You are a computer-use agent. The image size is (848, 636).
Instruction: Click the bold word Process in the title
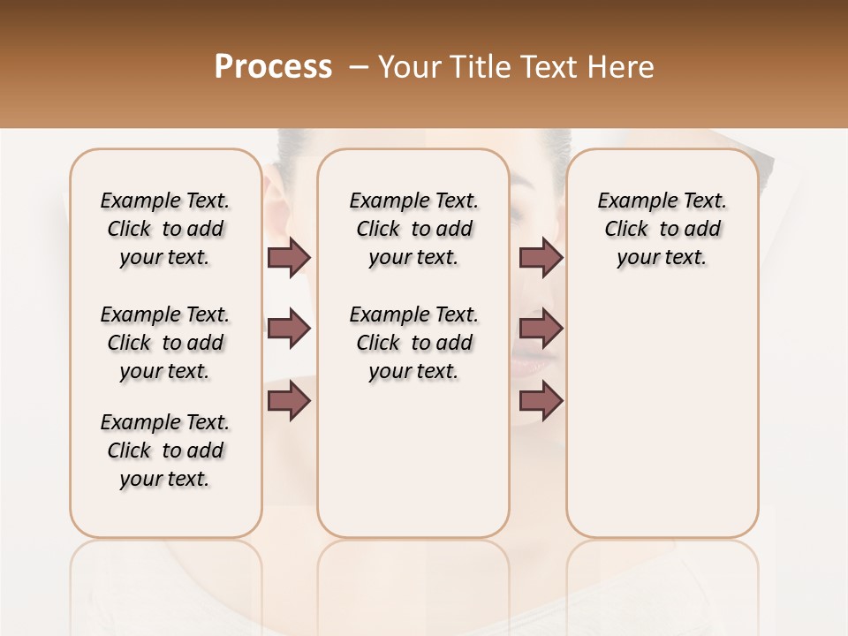point(273,67)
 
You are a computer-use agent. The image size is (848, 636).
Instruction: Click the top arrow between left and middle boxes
point(289,257)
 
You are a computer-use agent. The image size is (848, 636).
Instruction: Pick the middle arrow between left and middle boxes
point(289,329)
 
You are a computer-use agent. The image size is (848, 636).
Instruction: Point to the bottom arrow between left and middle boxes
point(289,401)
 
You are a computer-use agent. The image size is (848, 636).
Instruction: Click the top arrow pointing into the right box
point(541,257)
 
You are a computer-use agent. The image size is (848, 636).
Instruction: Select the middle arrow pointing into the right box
point(541,329)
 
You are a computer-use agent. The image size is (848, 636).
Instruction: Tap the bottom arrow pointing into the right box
point(541,401)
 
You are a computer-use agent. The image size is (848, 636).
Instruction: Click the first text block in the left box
point(165,229)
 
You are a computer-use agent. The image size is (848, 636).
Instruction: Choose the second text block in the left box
point(165,343)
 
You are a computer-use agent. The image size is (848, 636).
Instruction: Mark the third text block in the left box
point(165,450)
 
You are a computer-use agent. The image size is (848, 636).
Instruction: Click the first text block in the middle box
point(413,229)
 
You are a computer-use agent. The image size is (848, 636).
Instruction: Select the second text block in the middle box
point(413,343)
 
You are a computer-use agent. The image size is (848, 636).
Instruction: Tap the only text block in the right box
point(662,229)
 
